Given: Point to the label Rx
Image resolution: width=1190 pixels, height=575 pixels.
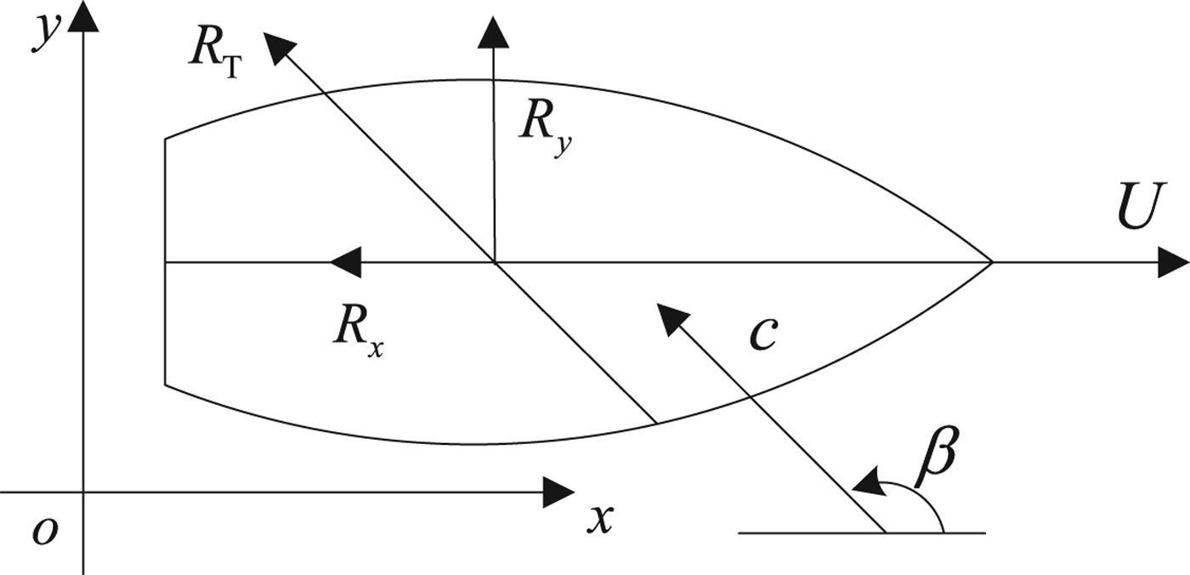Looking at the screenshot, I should click(x=357, y=331).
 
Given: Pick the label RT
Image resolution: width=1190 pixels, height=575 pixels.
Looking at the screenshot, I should click(x=214, y=56).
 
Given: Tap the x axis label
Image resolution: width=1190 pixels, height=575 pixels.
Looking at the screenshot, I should click(x=600, y=516).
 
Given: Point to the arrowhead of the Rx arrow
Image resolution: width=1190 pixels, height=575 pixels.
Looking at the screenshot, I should click(x=344, y=263).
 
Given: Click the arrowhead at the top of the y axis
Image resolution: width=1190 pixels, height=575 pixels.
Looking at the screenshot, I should click(x=82, y=17).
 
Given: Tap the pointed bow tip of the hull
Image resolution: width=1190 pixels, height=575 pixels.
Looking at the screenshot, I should click(x=991, y=263).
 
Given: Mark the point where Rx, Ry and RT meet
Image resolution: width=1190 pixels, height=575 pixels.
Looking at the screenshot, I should click(x=493, y=263).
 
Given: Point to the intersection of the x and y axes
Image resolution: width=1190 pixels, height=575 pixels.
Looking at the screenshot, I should click(x=82, y=492).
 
